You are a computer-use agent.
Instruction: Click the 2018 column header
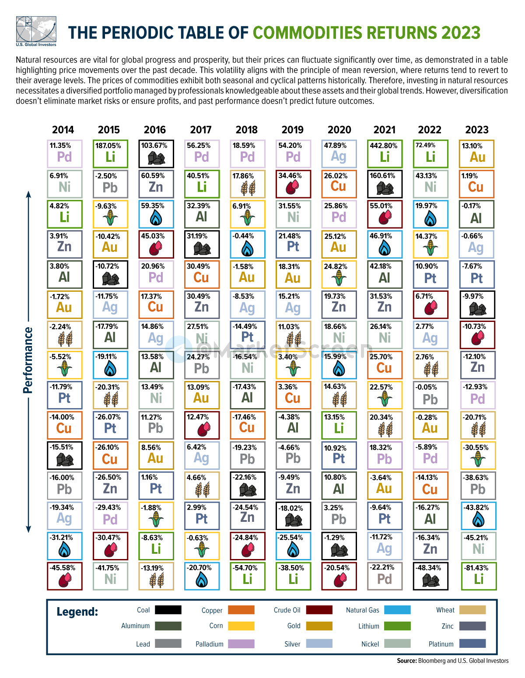(247, 129)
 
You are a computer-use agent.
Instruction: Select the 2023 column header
(477, 129)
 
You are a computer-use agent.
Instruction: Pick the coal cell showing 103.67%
(156, 154)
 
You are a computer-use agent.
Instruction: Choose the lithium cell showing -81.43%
(479, 576)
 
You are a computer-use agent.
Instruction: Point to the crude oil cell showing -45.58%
(64, 576)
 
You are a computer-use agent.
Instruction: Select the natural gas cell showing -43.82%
(479, 515)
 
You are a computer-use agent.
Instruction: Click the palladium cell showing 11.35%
(64, 154)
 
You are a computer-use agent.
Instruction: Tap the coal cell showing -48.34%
(430, 576)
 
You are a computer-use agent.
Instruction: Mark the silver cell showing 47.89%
(339, 154)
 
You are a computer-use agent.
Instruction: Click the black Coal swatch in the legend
(168, 610)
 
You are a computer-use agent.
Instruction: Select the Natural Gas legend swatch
(397, 610)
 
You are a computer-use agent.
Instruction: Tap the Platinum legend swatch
(472, 643)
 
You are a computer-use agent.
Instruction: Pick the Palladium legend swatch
(241, 643)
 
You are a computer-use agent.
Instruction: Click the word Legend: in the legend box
(77, 612)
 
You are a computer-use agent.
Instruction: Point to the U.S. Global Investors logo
(36, 31)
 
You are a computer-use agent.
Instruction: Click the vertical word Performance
(28, 360)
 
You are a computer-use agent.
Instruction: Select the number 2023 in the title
(461, 33)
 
